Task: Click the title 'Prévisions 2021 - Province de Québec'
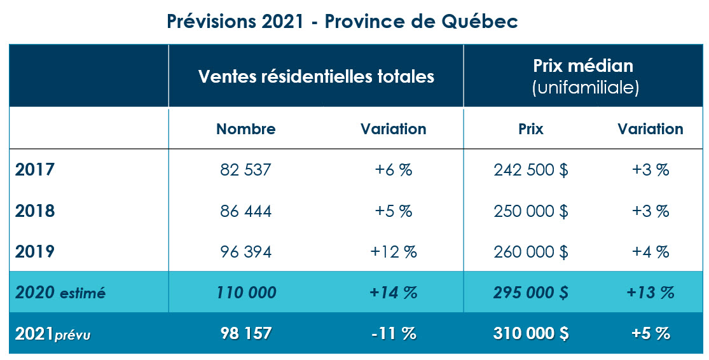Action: [342, 21]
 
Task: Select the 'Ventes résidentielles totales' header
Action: [316, 76]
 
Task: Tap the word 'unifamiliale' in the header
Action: [584, 88]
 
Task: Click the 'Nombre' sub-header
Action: [245, 129]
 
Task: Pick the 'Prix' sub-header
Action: [530, 129]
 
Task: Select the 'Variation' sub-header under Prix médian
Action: [650, 129]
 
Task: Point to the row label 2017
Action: [35, 170]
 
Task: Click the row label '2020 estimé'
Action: [60, 293]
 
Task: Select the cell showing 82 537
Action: [245, 170]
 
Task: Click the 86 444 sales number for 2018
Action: [245, 211]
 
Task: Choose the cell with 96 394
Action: [245, 252]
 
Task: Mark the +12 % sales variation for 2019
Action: [394, 252]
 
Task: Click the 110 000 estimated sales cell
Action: [245, 293]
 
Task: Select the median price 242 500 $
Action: [530, 170]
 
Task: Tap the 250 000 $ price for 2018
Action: [530, 211]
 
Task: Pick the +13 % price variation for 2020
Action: [650, 293]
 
